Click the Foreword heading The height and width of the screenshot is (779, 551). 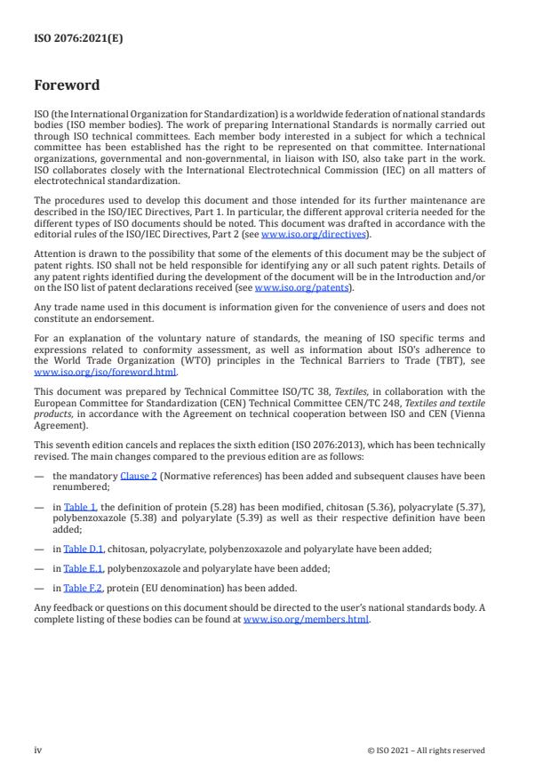coord(67,86)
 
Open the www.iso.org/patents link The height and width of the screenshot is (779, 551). coord(290,288)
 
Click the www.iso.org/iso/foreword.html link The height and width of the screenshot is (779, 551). coord(106,373)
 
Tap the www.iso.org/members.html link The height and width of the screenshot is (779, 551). coord(306,619)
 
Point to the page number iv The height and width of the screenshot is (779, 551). coord(38,750)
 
